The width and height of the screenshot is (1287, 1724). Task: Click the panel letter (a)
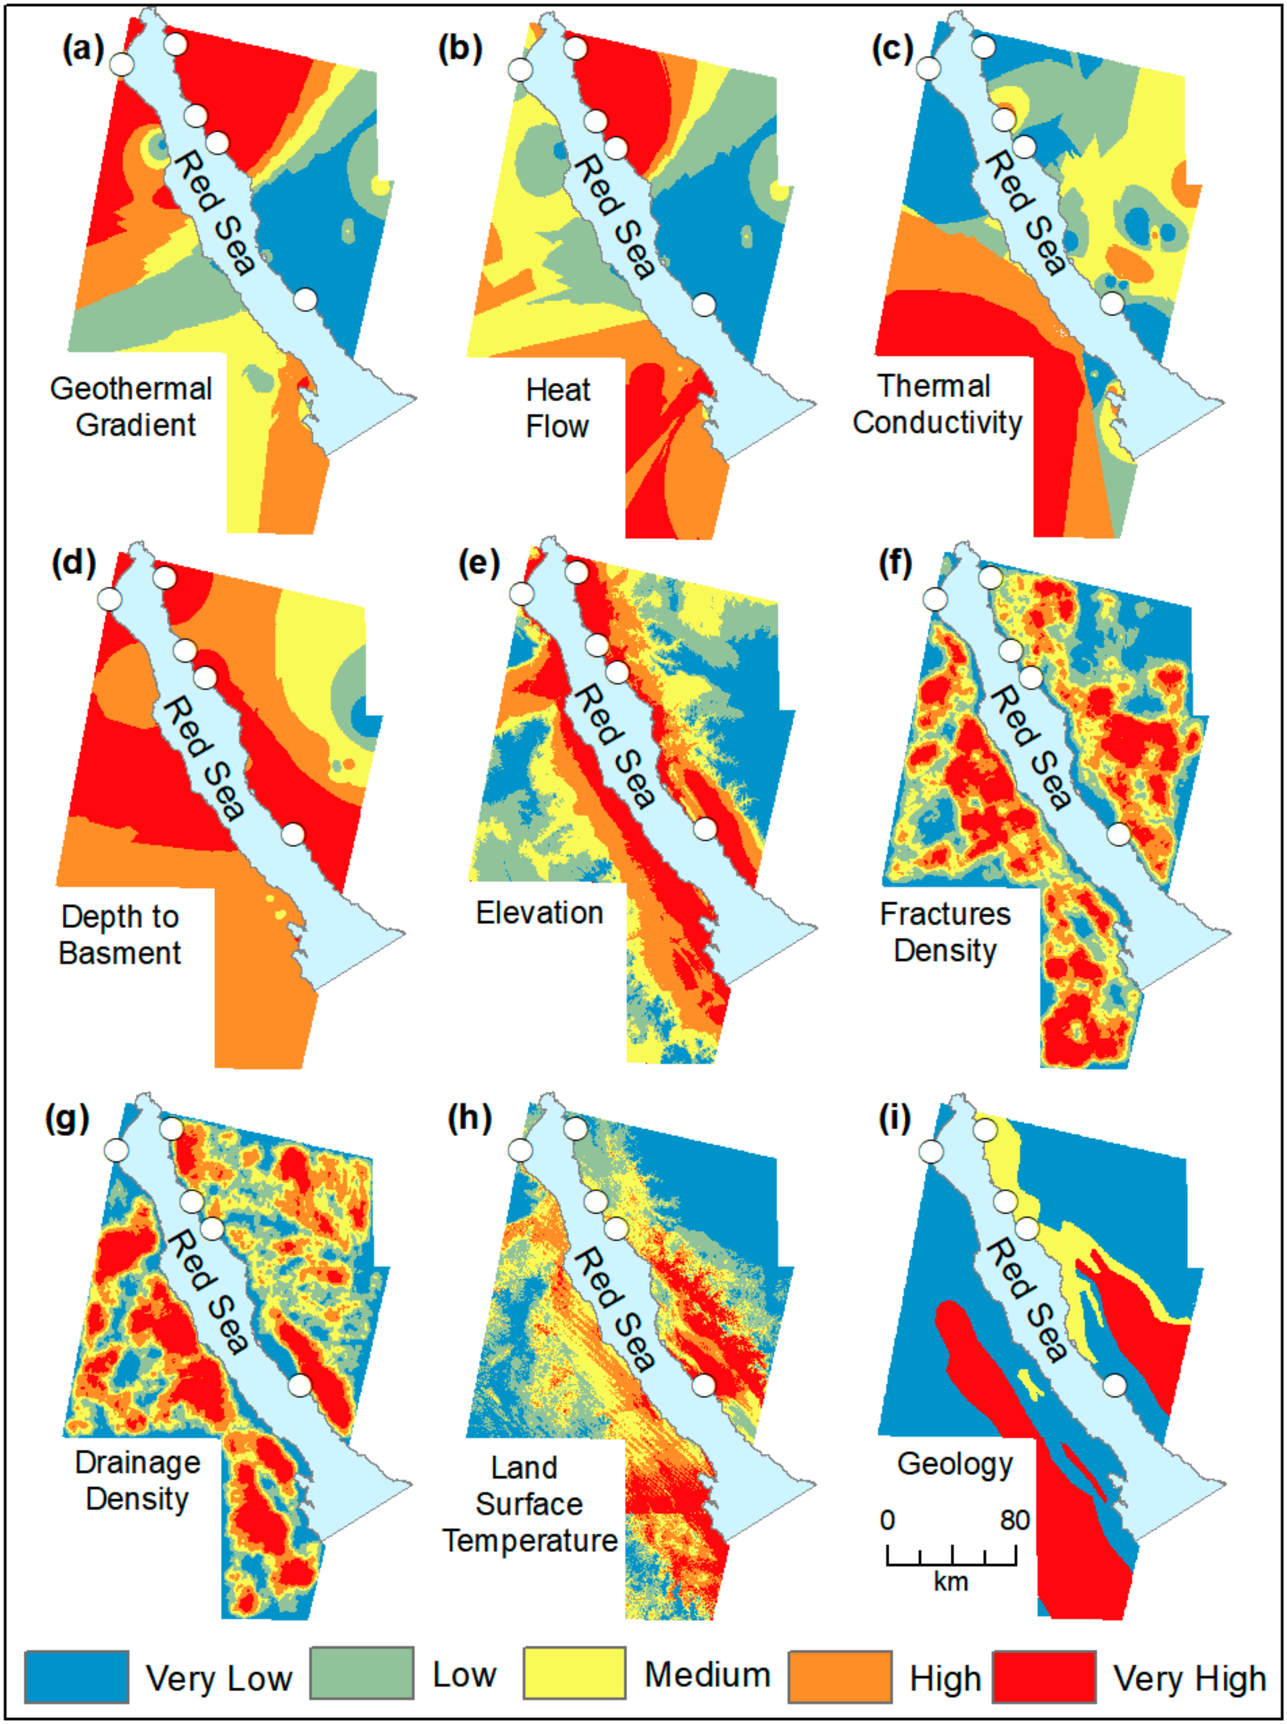(x=83, y=50)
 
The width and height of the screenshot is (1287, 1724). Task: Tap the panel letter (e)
(x=478, y=563)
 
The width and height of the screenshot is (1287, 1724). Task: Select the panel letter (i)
(x=894, y=1119)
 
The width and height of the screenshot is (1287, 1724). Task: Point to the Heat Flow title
(x=558, y=408)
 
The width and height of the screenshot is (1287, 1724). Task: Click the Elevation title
(x=539, y=913)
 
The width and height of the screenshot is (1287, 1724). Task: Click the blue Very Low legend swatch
(x=76, y=1676)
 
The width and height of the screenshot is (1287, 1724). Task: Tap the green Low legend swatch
(x=362, y=1674)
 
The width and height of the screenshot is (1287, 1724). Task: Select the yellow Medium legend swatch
(x=574, y=1674)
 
